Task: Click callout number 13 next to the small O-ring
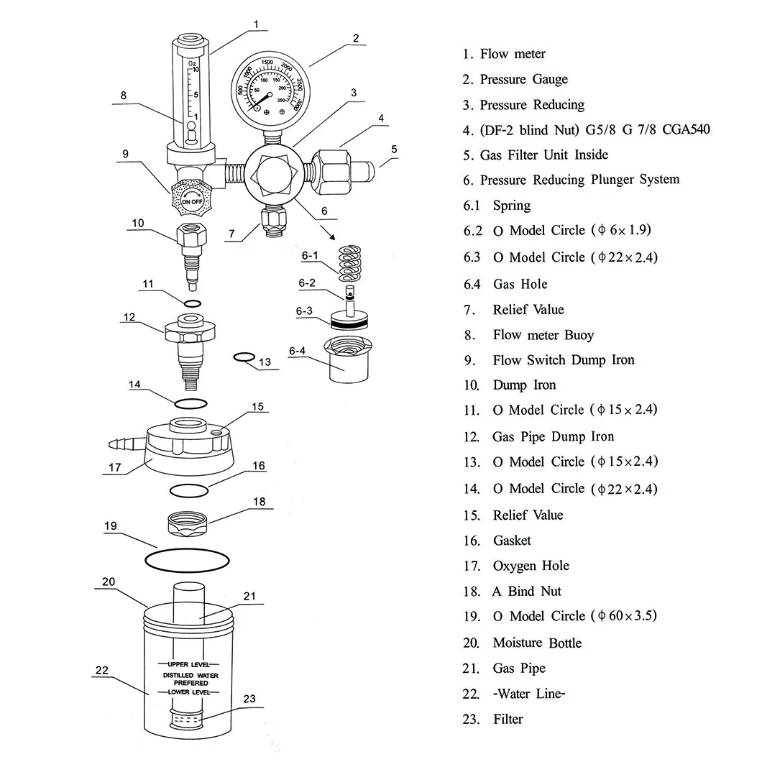point(265,362)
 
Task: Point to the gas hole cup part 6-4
point(346,362)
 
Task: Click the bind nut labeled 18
point(189,523)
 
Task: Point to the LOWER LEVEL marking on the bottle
point(188,692)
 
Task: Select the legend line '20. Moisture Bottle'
point(522,643)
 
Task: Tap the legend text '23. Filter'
point(493,719)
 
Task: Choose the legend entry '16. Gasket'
point(497,541)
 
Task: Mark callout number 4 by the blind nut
point(382,118)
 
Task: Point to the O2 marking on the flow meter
point(192,64)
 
